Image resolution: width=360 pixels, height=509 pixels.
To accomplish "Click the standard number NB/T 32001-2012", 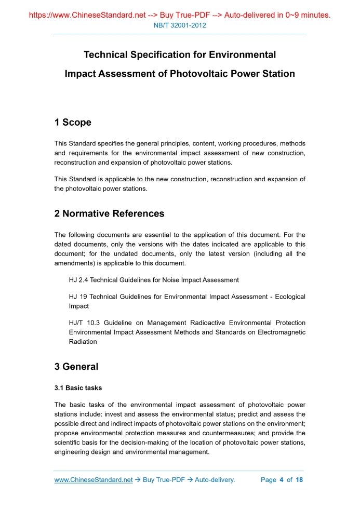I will [180, 25].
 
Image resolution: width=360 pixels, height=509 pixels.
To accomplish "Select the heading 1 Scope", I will [73, 123].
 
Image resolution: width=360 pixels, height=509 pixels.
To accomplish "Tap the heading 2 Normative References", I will [109, 213].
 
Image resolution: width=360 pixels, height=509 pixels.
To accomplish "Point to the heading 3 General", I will [76, 367].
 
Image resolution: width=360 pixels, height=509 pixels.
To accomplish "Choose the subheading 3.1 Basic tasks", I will [78, 388].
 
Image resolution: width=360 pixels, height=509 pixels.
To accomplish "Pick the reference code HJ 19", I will [77, 297].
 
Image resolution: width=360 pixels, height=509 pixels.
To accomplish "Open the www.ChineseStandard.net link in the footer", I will [94, 480].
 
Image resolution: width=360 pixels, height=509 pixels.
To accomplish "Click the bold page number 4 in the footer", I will [281, 480].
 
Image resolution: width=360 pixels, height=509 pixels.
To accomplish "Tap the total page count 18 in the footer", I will [299, 480].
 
